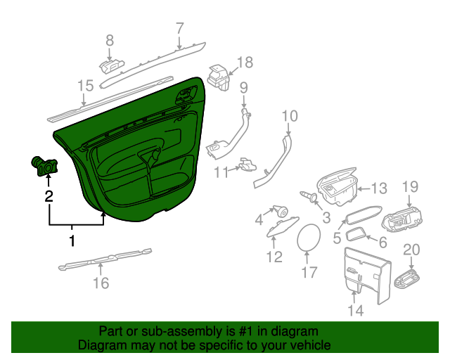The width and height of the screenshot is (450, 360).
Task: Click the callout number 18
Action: (x=244, y=63)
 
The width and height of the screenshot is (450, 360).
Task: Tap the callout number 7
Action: (x=179, y=28)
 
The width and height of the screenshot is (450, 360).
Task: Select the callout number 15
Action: (x=85, y=86)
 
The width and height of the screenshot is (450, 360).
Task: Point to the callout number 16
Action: (x=101, y=283)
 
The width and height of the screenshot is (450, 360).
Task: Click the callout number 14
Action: (x=356, y=310)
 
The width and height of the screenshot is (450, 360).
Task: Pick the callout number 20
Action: (x=411, y=250)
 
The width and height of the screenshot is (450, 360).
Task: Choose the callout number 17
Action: (x=310, y=271)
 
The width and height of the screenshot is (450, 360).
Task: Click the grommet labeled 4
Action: (x=282, y=209)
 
